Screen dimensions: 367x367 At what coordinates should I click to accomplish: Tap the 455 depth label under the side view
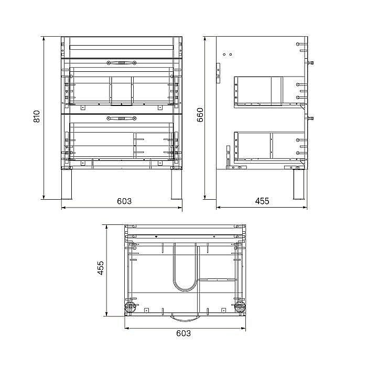262,201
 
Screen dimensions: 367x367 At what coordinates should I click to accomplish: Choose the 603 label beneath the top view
183,333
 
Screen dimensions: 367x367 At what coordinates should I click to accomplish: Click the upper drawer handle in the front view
122,63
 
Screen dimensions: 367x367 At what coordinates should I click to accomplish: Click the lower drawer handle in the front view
122,118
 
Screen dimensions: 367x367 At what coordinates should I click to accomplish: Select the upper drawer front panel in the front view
122,84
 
